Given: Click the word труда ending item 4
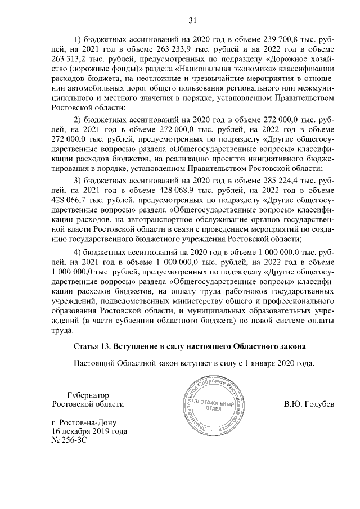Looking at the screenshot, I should pyautogui.click(x=60, y=331).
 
